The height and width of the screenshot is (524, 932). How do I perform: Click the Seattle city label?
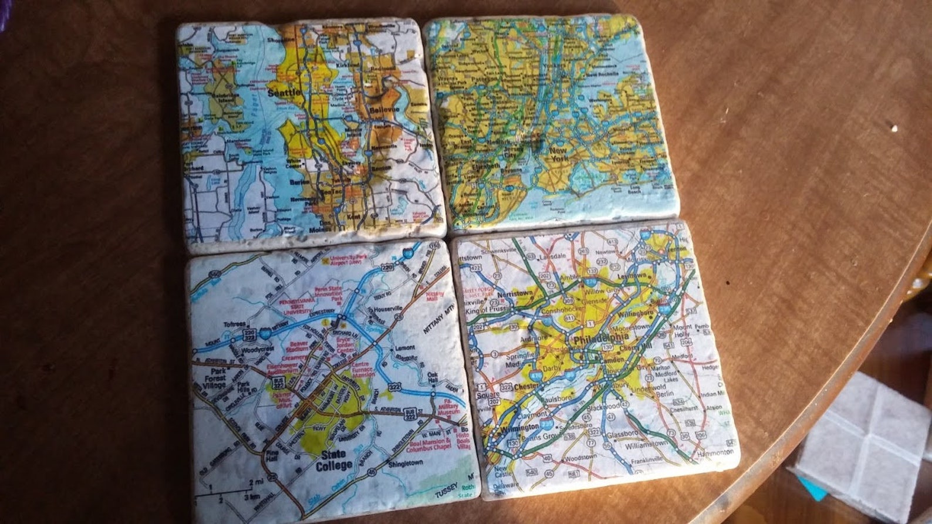click(284, 93)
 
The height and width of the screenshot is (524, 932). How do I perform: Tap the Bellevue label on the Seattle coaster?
click(384, 109)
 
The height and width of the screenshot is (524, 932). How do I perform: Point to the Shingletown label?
click(406, 464)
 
